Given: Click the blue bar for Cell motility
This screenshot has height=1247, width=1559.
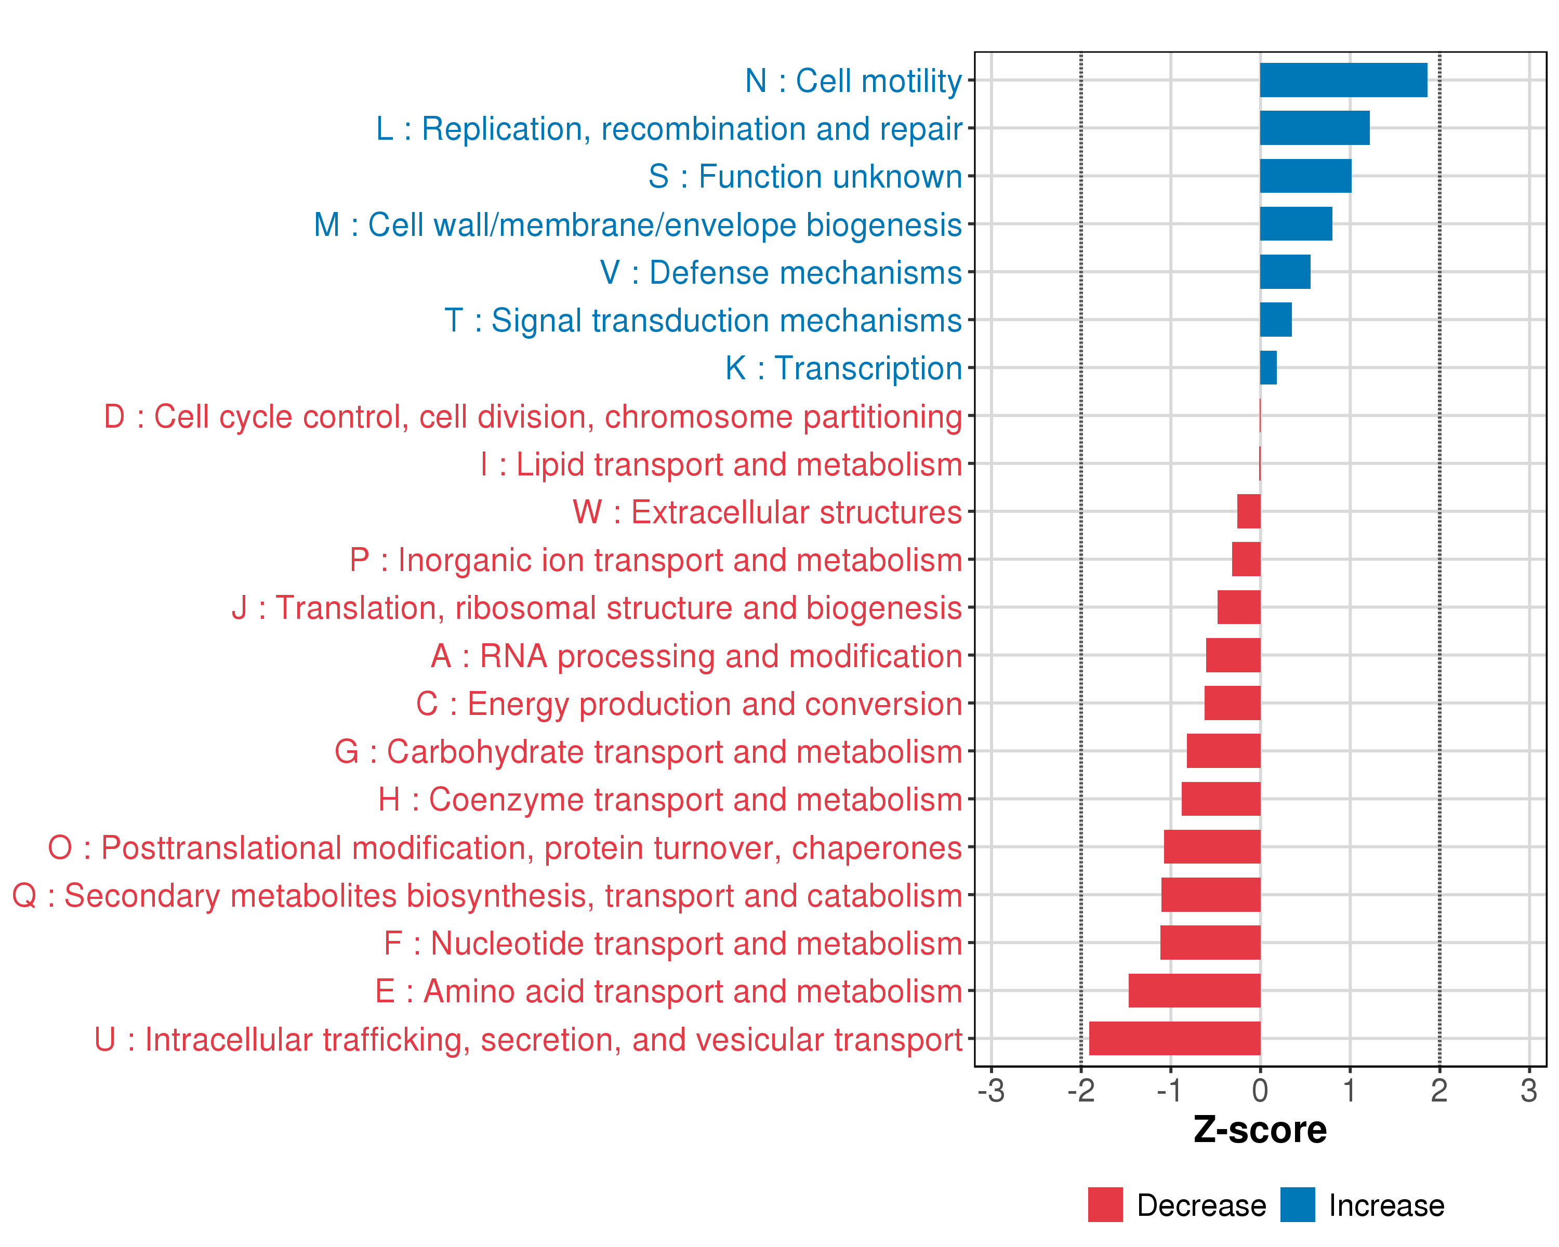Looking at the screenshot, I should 1343,80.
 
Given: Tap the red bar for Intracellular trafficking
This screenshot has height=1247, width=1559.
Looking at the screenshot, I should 1174,1038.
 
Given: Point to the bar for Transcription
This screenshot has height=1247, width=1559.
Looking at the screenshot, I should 1269,368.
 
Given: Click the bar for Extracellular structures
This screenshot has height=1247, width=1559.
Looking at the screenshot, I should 1249,511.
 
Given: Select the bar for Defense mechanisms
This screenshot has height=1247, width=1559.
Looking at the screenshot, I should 1285,272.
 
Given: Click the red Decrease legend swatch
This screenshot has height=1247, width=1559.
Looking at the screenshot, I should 1105,1204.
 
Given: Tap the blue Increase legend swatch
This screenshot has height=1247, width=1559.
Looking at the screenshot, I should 1297,1204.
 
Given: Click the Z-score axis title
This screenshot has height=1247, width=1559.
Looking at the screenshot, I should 1260,1130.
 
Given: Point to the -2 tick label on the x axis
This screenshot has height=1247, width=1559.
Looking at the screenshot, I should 1080,1091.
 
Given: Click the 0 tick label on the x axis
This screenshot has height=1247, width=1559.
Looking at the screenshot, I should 1260,1091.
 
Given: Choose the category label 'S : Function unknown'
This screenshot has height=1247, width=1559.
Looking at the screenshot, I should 805,176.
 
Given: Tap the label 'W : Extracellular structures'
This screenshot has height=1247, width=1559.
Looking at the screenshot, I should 767,512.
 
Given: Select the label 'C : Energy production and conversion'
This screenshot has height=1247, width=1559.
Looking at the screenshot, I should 689,704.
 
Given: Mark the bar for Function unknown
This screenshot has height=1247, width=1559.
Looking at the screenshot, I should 1305,176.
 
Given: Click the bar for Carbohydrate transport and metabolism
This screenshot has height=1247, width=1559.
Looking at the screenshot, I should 1223,750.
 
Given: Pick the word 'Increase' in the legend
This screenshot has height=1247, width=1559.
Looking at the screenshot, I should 1386,1205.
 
